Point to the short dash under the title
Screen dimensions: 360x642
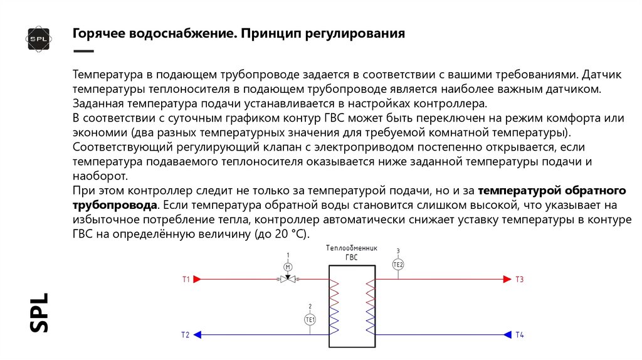pos(83,51)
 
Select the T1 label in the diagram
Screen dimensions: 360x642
pos(186,279)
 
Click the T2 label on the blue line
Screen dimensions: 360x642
pos(185,335)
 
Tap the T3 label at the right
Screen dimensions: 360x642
pos(519,279)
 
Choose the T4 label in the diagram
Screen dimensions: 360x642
pos(519,335)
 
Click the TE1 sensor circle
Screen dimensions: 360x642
pos(310,319)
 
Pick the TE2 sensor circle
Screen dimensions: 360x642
pos(398,265)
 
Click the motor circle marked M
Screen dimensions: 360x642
pos(288,267)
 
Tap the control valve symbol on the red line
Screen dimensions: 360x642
pos(288,279)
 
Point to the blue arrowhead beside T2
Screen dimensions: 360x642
pos(197,335)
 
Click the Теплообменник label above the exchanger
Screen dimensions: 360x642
pos(352,248)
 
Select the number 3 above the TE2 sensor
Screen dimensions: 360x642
pos(398,251)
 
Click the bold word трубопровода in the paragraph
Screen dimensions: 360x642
pos(114,205)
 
